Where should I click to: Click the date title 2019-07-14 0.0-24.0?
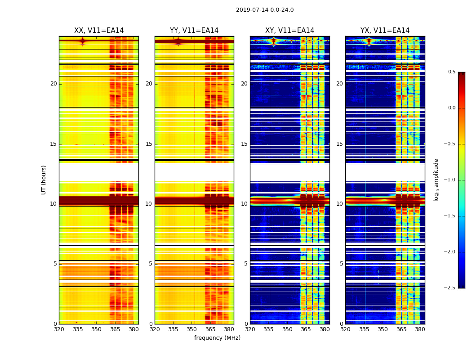265,10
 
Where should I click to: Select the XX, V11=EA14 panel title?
99,31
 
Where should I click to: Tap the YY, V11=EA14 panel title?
194,31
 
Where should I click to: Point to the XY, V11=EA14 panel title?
290,31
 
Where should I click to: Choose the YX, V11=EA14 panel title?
385,31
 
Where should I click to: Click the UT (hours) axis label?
44,180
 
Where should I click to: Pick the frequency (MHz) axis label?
217,338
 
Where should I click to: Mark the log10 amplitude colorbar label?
436,180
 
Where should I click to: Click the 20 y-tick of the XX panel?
53,84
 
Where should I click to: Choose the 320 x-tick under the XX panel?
59,329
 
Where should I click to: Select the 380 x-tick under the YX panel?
420,329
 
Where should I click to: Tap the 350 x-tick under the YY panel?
192,329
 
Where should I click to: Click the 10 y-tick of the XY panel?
244,204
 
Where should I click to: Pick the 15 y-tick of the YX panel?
340,144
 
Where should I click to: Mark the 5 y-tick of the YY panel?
151,264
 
